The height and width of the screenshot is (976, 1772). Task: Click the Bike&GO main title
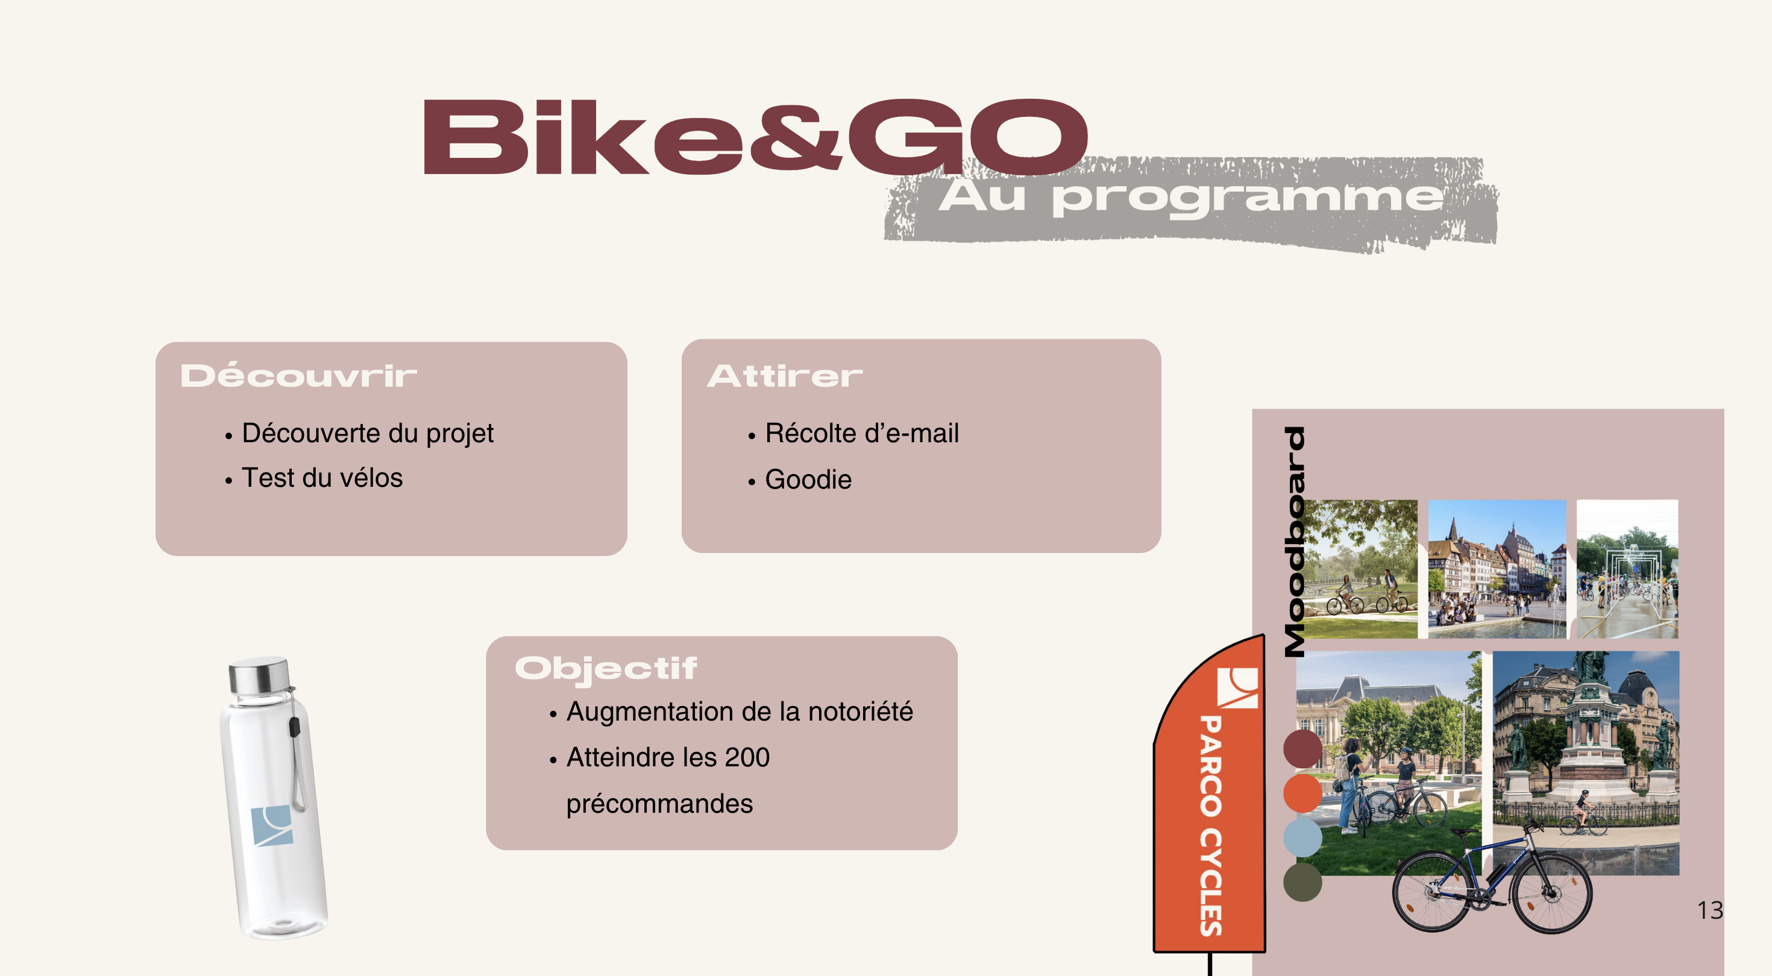[x=755, y=136]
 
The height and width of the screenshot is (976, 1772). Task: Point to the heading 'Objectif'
[x=606, y=669]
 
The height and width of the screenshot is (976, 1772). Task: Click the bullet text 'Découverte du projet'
[x=367, y=433]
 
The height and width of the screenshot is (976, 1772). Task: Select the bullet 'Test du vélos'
[x=322, y=477]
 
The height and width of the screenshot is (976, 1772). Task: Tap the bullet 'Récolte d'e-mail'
[x=862, y=433]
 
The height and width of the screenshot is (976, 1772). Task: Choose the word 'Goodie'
[x=808, y=480]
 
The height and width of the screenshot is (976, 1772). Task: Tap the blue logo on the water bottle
[x=272, y=825]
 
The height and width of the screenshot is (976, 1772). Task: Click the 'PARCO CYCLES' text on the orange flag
[x=1210, y=825]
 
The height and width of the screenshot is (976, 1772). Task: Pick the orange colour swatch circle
[x=1302, y=793]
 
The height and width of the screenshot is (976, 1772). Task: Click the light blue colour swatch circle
[x=1302, y=837]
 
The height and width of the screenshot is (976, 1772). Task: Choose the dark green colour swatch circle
[x=1302, y=882]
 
